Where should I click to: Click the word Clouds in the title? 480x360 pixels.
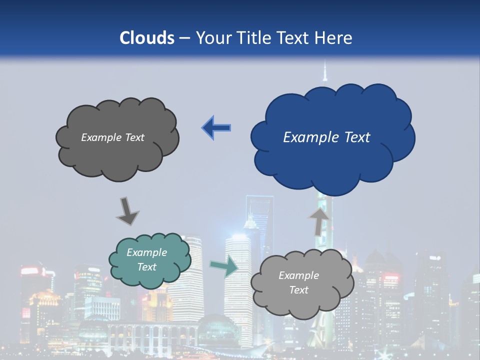(146, 38)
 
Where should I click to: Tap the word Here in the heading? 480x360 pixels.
(334, 38)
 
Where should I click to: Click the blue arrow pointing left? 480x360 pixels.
(216, 128)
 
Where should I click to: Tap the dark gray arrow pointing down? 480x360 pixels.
(127, 211)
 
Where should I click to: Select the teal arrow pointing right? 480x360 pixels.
(224, 266)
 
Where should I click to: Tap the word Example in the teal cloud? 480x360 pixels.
(147, 252)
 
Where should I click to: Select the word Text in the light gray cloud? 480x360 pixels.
(298, 290)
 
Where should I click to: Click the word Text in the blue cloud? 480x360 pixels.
(356, 137)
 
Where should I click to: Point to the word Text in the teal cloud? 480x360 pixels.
(147, 267)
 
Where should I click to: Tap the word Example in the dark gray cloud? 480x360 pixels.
(100, 137)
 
